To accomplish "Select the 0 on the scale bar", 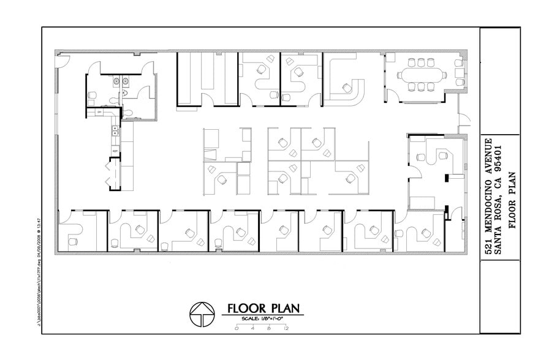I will pos(236,329).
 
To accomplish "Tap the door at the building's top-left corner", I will pos(62,59).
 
